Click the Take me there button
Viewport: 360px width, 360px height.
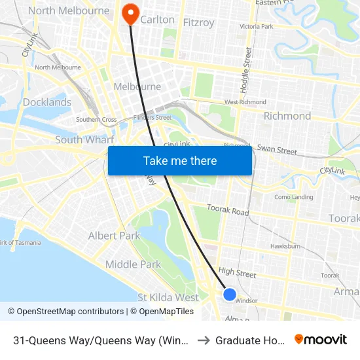pos(180,161)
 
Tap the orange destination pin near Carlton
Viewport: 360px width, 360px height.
pos(130,12)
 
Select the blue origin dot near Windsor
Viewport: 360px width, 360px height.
pos(230,294)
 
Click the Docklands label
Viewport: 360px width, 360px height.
pos(47,102)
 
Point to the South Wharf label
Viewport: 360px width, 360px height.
pos(85,139)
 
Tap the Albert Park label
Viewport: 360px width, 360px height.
pos(114,236)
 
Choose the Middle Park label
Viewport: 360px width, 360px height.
pos(133,264)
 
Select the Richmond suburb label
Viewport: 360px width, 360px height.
pos(287,116)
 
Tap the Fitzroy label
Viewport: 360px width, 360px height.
pos(198,23)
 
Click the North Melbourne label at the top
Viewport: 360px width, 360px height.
pos(69,10)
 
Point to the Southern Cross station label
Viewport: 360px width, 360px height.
pos(96,120)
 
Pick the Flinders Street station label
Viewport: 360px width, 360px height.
pos(151,118)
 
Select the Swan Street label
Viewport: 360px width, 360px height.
pos(277,150)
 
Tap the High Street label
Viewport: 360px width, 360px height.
pos(237,271)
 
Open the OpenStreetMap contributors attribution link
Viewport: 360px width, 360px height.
pos(65,312)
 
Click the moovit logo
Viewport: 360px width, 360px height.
pos(321,339)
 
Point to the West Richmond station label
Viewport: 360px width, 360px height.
pos(245,102)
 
